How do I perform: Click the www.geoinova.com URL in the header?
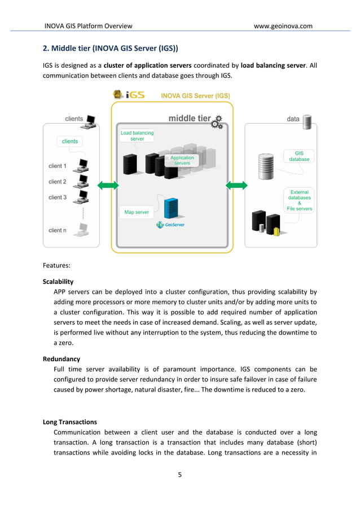pos(283,25)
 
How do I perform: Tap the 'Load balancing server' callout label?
pos(137,135)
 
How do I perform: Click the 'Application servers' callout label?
pos(182,160)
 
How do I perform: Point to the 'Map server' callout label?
pos(137,212)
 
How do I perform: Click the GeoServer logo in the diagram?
pos(170,225)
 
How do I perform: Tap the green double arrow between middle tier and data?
pos(236,185)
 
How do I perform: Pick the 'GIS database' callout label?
pos(299,156)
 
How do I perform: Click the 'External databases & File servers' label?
pos(299,200)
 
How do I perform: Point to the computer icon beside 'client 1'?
pos(82,166)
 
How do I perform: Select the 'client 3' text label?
pos(58,198)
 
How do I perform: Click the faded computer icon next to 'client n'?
pos(82,230)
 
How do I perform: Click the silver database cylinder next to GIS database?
pos(265,165)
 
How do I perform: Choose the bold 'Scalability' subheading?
pos(58,281)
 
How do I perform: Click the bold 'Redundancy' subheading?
pos(62,359)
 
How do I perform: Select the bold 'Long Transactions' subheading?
pos(70,422)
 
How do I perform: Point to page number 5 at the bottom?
pos(180,475)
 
